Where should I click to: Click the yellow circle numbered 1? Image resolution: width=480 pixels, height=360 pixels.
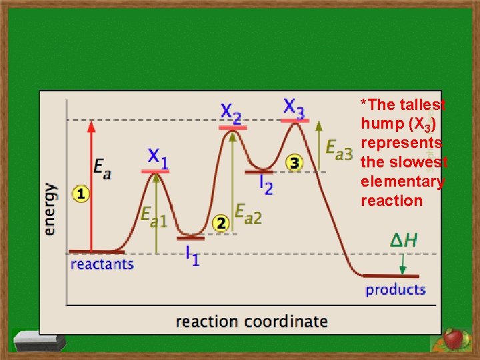click(81, 194)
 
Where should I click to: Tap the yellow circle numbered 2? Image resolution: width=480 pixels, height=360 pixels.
click(221, 224)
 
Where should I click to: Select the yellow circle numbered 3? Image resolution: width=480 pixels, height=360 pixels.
click(295, 162)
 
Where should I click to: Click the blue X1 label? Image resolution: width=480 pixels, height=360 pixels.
click(157, 158)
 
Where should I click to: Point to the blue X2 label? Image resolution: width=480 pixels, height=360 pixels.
click(231, 111)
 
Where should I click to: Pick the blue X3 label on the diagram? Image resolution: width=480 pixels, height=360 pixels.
click(294, 107)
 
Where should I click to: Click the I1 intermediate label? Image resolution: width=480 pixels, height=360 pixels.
click(191, 255)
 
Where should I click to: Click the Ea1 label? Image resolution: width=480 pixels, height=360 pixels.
click(153, 215)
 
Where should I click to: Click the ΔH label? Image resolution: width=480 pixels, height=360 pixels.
click(403, 239)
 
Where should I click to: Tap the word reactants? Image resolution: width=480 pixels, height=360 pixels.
click(102, 264)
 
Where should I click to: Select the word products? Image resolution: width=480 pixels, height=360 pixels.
click(395, 289)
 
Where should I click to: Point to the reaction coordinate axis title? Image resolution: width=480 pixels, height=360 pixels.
click(251, 321)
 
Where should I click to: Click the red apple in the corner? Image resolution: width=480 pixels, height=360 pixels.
click(454, 339)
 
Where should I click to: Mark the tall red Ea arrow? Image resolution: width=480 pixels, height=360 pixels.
click(92, 187)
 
